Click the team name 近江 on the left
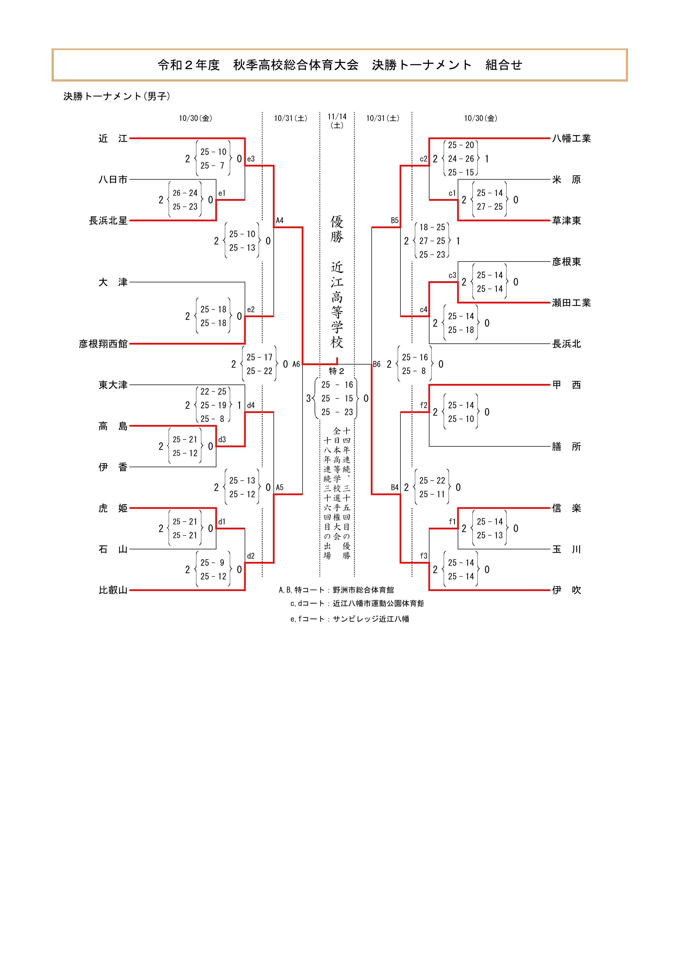(x=113, y=139)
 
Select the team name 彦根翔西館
(x=103, y=344)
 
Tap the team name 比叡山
(x=113, y=590)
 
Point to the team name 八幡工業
(x=571, y=139)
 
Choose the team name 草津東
(x=566, y=220)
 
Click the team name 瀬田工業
(x=571, y=303)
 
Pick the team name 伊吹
(x=566, y=590)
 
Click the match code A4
(x=279, y=220)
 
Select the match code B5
(x=395, y=220)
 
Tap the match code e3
(x=251, y=159)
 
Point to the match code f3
(x=424, y=556)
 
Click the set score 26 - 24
(x=185, y=193)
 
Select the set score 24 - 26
(x=461, y=159)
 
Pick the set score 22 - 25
(x=213, y=392)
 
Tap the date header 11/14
(x=337, y=117)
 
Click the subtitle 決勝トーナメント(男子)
(x=117, y=96)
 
